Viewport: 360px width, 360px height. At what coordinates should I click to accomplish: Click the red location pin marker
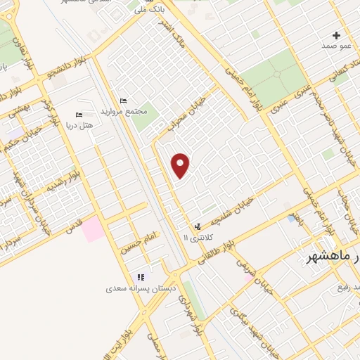pyautogui.click(x=181, y=165)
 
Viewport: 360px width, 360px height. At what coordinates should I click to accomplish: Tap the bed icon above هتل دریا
pyautogui.click(x=79, y=115)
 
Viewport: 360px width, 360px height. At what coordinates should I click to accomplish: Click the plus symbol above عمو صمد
pyautogui.click(x=336, y=35)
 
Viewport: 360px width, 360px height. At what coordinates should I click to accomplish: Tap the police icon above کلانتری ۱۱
pyautogui.click(x=198, y=226)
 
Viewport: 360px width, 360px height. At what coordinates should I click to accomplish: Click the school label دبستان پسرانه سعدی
pyautogui.click(x=140, y=288)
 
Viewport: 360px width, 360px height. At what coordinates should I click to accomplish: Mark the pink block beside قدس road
pyautogui.click(x=91, y=230)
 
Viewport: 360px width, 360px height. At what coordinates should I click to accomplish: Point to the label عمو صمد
pyautogui.click(x=336, y=46)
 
